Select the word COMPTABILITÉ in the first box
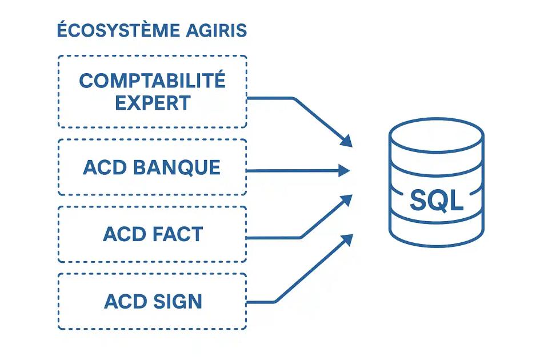pyautogui.click(x=152, y=81)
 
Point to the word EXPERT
pyautogui.click(x=153, y=103)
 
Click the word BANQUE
pyautogui.click(x=177, y=167)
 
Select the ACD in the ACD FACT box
pyautogui.click(x=122, y=234)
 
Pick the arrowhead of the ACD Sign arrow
pyautogui.click(x=346, y=238)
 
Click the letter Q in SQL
pyautogui.click(x=437, y=201)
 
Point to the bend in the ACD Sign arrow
pyautogui.click(x=276, y=302)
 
